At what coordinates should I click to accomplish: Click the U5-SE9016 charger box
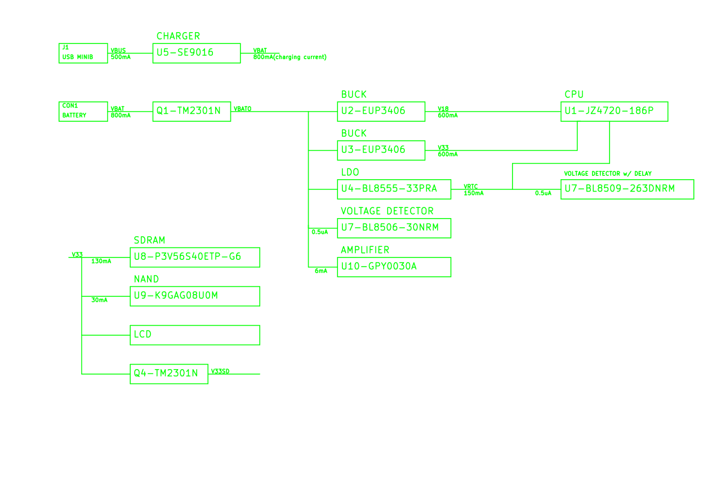[x=197, y=54]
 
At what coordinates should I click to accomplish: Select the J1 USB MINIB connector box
[x=83, y=53]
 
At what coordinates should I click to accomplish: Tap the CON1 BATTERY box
[x=83, y=112]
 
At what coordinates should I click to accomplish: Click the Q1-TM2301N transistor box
[x=192, y=111]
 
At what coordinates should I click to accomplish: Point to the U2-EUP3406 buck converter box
[x=381, y=111]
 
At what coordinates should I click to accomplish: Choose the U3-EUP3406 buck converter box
[x=381, y=150]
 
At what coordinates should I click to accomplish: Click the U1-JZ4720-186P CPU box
[x=614, y=111]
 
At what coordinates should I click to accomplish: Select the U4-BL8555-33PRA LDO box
[x=394, y=189]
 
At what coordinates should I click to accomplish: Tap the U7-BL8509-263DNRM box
[x=627, y=189]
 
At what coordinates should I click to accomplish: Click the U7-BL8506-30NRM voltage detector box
[x=394, y=228]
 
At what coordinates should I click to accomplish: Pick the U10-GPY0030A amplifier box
[x=394, y=267]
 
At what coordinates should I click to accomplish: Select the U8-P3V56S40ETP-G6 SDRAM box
[x=195, y=257]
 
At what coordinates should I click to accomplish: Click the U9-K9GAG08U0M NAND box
[x=195, y=296]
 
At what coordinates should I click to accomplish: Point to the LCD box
[x=195, y=335]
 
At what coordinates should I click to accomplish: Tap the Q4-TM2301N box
[x=169, y=374]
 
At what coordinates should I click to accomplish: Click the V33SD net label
[x=220, y=371]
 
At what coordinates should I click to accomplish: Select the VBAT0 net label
[x=243, y=109]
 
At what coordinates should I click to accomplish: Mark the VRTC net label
[x=471, y=187]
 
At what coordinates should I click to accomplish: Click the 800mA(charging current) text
[x=290, y=57]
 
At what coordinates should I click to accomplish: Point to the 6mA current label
[x=321, y=271]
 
